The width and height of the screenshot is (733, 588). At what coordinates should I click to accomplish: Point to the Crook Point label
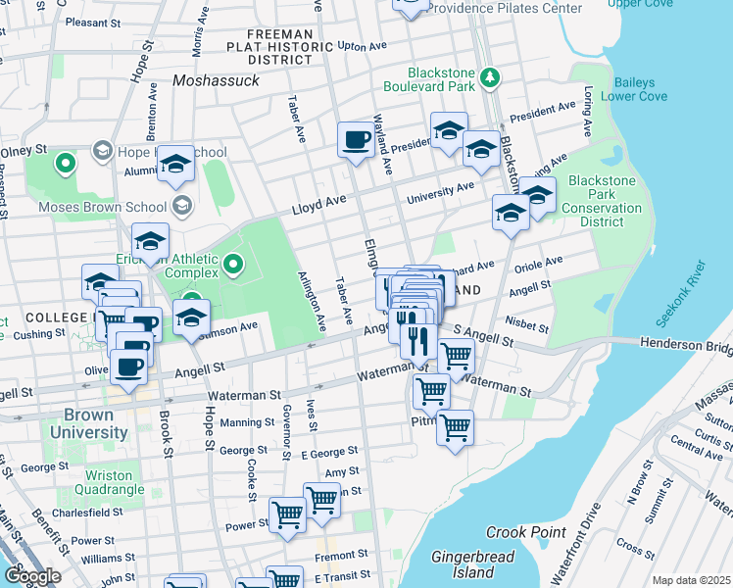pos(526,532)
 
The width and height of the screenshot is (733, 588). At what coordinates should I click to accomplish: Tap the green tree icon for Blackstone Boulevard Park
pos(489,76)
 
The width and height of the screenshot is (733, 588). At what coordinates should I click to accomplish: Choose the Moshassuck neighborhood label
pos(217,80)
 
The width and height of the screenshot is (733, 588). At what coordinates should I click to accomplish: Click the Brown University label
pos(83,423)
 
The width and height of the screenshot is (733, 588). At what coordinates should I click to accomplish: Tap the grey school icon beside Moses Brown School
pos(181,206)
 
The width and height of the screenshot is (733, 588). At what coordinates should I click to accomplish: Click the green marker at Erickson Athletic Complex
pos(233,263)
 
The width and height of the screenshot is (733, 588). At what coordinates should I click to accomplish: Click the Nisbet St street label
pos(522,320)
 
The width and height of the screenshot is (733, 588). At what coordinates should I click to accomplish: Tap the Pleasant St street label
pos(100,22)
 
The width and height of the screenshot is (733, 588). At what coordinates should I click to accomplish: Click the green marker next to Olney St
pos(66,163)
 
